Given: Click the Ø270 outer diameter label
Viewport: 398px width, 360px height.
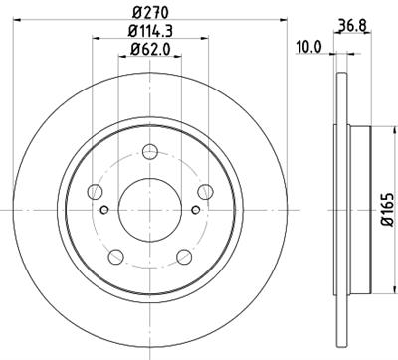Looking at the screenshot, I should [149, 13].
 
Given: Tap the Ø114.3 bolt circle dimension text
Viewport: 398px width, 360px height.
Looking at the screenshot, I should [149, 32].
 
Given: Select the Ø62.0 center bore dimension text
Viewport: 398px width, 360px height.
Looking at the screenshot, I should [149, 50].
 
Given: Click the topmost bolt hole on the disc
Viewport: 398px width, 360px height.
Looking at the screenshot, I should [149, 150].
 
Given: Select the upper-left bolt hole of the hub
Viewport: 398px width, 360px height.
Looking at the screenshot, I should [96, 190].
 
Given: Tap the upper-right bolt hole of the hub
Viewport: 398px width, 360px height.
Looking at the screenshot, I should [204, 190].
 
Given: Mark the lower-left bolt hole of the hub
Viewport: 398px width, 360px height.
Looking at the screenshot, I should [116, 256].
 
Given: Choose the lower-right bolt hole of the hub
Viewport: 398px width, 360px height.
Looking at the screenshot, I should [183, 256].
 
